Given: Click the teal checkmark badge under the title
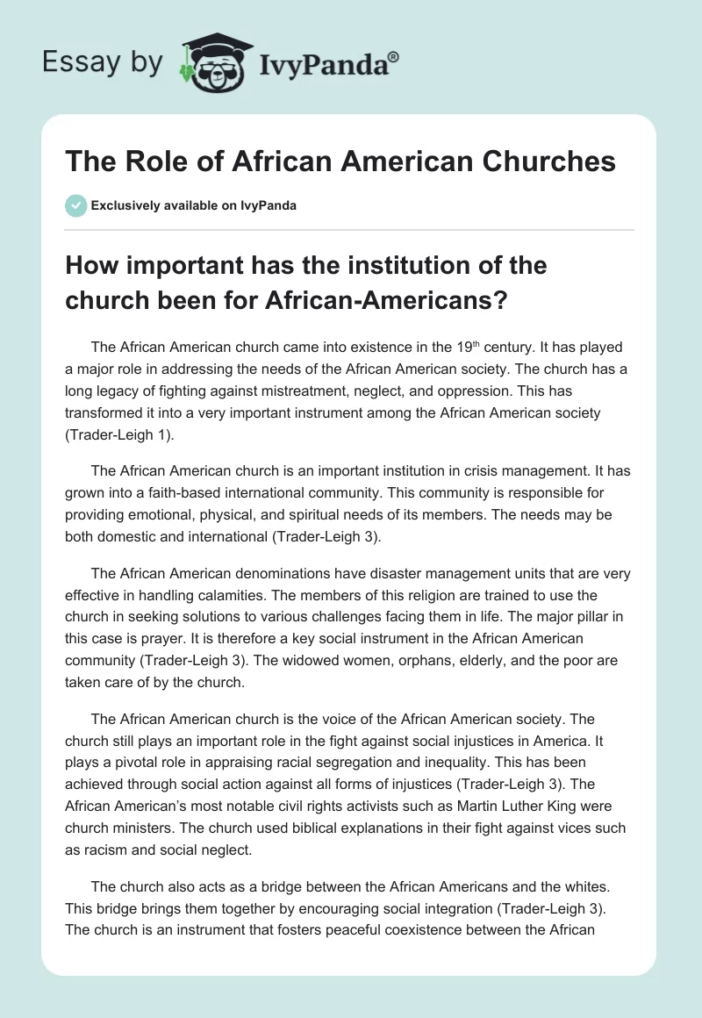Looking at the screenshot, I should pos(75,206).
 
